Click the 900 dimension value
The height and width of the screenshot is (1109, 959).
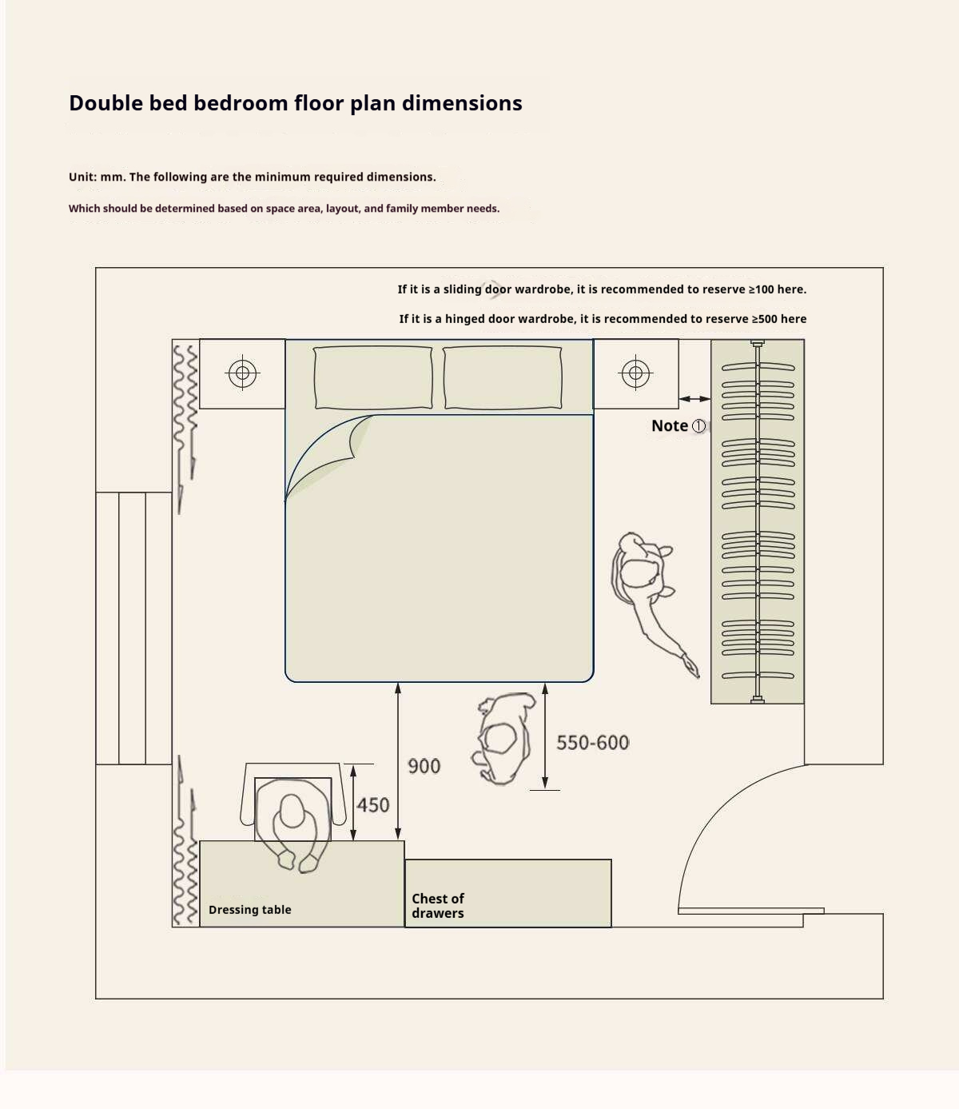pos(424,766)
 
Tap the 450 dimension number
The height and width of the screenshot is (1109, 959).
pos(372,805)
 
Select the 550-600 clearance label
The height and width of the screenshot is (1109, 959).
pos(592,743)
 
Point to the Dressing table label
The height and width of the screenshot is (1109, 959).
pos(250,909)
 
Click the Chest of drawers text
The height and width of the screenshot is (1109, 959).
pos(438,906)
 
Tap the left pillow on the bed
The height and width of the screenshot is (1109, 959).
pos(372,377)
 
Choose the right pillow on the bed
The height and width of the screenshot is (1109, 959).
pos(503,377)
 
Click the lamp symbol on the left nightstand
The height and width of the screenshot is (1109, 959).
pos(242,373)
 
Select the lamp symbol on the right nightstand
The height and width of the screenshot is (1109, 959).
pos(635,373)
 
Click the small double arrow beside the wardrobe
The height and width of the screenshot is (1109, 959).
pos(694,399)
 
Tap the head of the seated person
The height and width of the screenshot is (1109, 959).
pos(292,810)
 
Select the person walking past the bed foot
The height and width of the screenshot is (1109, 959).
pos(503,738)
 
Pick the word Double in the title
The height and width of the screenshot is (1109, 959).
pos(106,102)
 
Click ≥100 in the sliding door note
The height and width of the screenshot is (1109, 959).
pos(761,289)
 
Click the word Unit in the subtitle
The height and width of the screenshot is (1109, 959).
pos(81,177)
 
